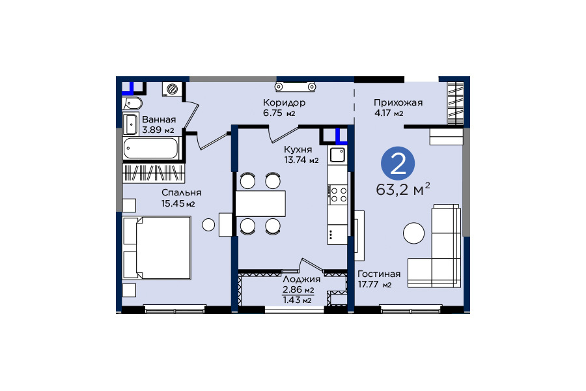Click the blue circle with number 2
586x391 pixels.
pyautogui.click(x=398, y=164)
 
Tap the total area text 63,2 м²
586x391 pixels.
pyautogui.click(x=403, y=190)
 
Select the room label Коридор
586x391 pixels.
pyautogui.click(x=284, y=102)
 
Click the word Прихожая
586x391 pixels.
pyautogui.click(x=398, y=102)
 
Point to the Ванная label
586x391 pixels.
pyautogui.click(x=159, y=119)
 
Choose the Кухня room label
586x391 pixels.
pyautogui.click(x=298, y=149)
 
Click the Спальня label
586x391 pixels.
pyautogui.click(x=181, y=193)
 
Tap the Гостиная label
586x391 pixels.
pyautogui.click(x=379, y=274)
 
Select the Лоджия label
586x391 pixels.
pyautogui.click(x=301, y=279)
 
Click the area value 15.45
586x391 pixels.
pyautogui.click(x=173, y=203)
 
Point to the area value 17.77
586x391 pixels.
pyautogui.click(x=369, y=284)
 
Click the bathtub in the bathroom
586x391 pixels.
pyautogui.click(x=151, y=148)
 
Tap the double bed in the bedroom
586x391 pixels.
pyautogui.click(x=156, y=248)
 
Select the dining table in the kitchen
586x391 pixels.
pyautogui.click(x=260, y=203)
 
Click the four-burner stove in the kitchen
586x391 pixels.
pyautogui.click(x=338, y=195)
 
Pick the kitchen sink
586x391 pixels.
pyautogui.click(x=338, y=155)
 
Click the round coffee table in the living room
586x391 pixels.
pyautogui.click(x=413, y=233)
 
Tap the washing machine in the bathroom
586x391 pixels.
pyautogui.click(x=173, y=89)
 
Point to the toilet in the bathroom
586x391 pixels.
pyautogui.click(x=132, y=103)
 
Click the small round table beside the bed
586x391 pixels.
pyautogui.click(x=208, y=224)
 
